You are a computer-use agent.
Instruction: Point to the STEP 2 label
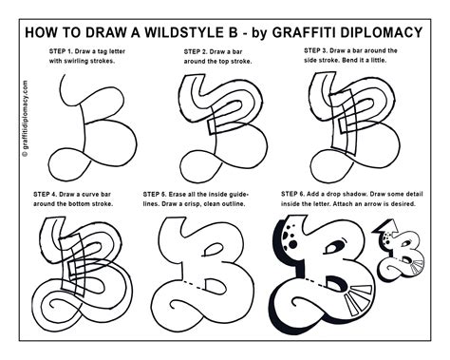click(200, 49)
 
